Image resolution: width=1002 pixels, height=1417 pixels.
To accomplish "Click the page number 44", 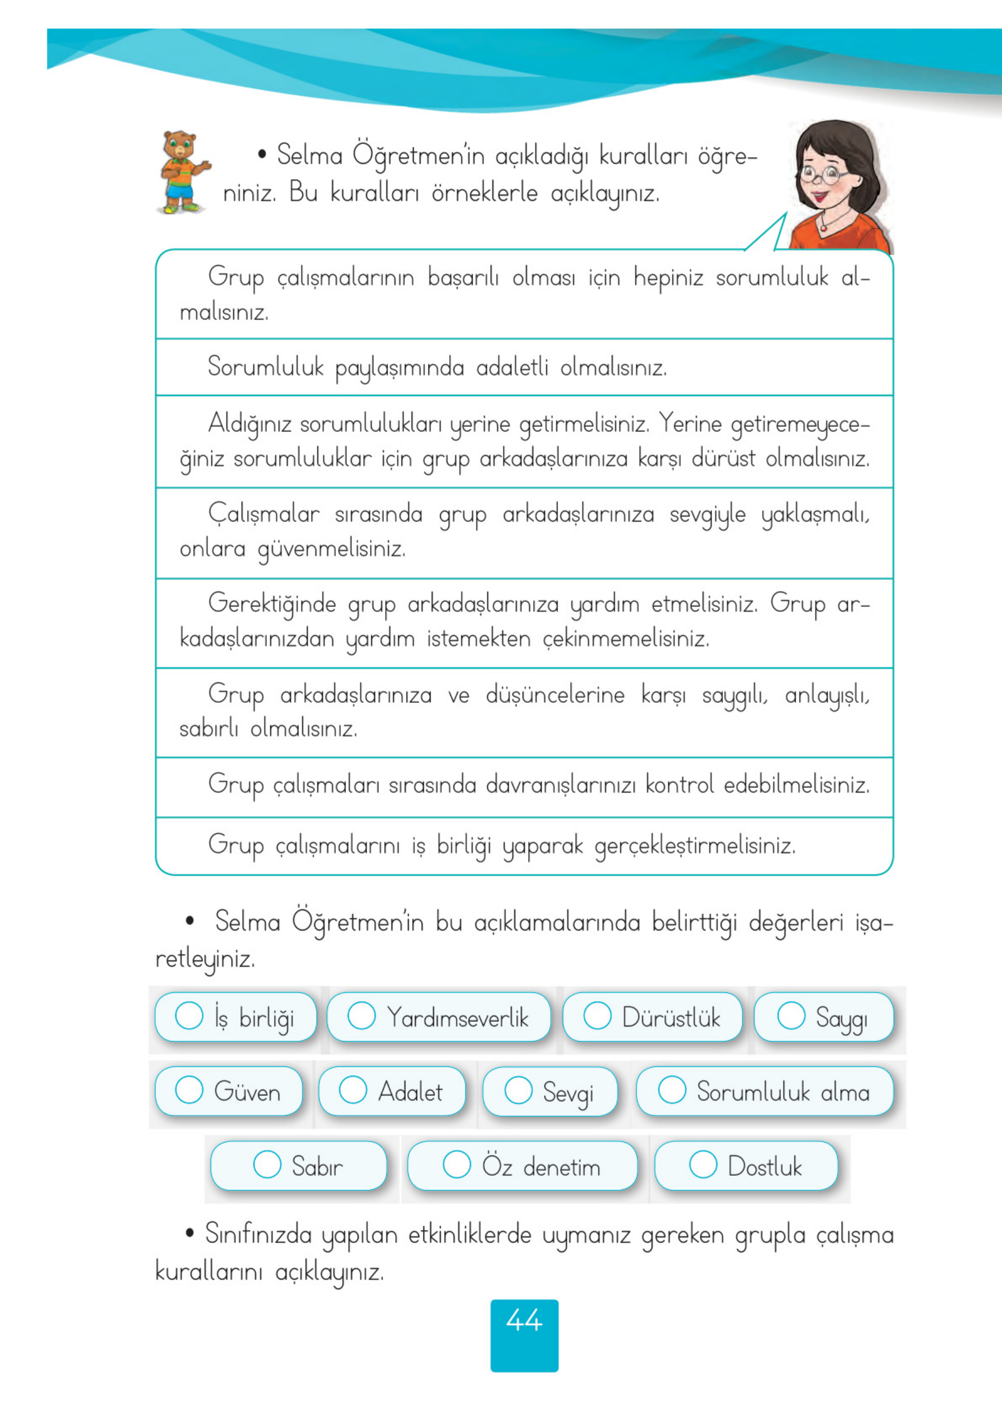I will [524, 1321].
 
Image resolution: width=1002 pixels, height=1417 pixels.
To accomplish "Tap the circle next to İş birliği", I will [189, 1015].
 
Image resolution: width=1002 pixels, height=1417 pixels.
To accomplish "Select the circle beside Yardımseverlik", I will [362, 1015].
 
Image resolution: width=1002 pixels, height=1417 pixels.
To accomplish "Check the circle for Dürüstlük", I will [597, 1015].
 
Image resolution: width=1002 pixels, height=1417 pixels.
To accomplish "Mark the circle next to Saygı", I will [791, 1015].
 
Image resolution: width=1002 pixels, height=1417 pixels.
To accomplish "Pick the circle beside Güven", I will [189, 1090].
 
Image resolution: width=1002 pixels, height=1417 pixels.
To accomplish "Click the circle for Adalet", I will [353, 1090].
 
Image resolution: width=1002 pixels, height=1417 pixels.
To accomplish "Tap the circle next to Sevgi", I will [518, 1091].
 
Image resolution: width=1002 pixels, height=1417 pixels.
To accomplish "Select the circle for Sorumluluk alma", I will [672, 1089].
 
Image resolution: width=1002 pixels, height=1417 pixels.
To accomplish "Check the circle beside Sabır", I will [267, 1165].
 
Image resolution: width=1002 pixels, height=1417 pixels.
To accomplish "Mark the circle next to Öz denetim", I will [456, 1165].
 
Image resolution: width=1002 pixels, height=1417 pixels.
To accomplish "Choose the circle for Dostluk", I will [703, 1165].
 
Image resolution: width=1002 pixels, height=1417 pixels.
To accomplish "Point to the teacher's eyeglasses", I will [824, 174].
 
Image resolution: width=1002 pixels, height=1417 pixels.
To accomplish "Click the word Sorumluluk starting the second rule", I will [265, 367].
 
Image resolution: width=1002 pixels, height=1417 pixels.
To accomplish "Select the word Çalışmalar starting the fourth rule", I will [264, 514].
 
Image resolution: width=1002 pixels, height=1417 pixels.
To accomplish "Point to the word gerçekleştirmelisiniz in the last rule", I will [695, 845].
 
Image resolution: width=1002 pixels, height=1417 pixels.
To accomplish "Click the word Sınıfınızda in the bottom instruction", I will [258, 1234].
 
